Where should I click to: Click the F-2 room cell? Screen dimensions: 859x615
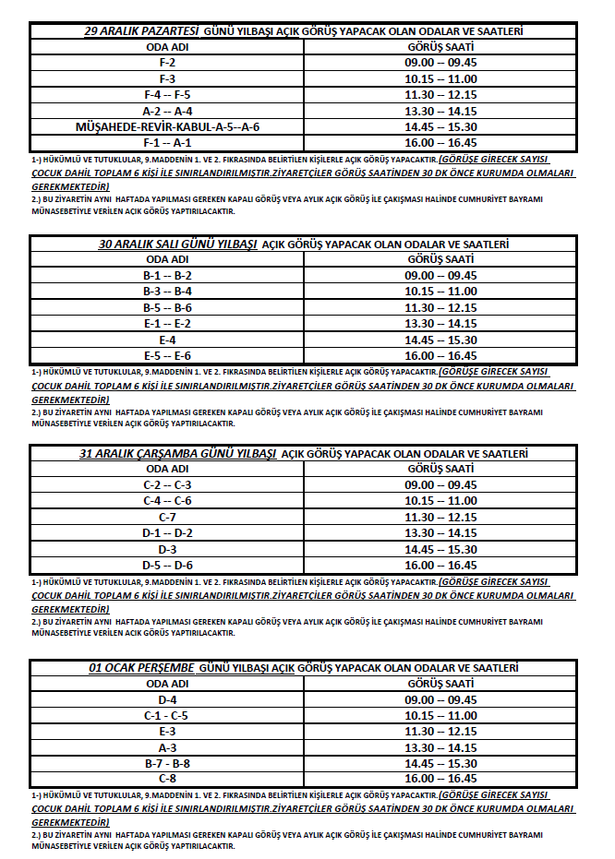[x=167, y=62]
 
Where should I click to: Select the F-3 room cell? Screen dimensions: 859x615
[x=167, y=78]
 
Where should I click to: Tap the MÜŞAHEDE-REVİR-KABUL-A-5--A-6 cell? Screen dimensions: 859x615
[x=167, y=126]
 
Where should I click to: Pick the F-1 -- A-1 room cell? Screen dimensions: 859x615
[x=167, y=142]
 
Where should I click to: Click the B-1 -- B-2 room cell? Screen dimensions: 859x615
[x=167, y=275]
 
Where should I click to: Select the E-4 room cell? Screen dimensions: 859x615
[x=167, y=340]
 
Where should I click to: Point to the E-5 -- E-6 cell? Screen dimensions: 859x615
[x=167, y=355]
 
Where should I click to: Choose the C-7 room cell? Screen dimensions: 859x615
[x=167, y=517]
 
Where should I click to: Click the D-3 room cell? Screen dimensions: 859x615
[x=167, y=549]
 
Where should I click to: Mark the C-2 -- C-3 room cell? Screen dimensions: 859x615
[x=167, y=484]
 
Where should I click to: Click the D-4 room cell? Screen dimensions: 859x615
[x=167, y=699]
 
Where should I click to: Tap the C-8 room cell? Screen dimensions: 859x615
[x=167, y=779]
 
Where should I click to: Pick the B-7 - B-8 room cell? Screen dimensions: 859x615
[x=167, y=763]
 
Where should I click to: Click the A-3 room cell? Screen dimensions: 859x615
[x=167, y=747]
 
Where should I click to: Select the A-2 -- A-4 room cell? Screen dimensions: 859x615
[x=167, y=111]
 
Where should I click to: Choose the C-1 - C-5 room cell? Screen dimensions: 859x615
[x=167, y=715]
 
